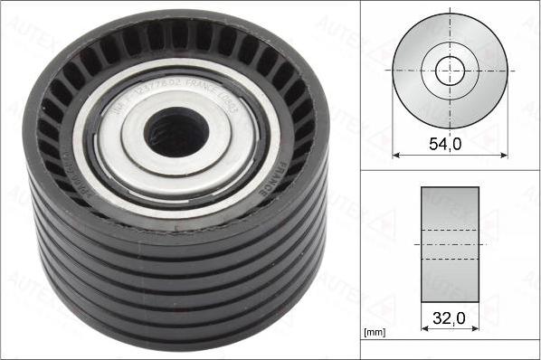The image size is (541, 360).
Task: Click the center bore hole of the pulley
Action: [177, 129]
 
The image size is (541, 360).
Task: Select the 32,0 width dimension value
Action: [450, 317]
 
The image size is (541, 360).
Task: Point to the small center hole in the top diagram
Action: [450, 71]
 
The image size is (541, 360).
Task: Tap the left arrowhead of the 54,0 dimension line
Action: [396, 154]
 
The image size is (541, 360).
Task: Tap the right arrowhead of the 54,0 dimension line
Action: [503, 154]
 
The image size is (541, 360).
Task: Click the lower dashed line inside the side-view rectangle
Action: [450, 260]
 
